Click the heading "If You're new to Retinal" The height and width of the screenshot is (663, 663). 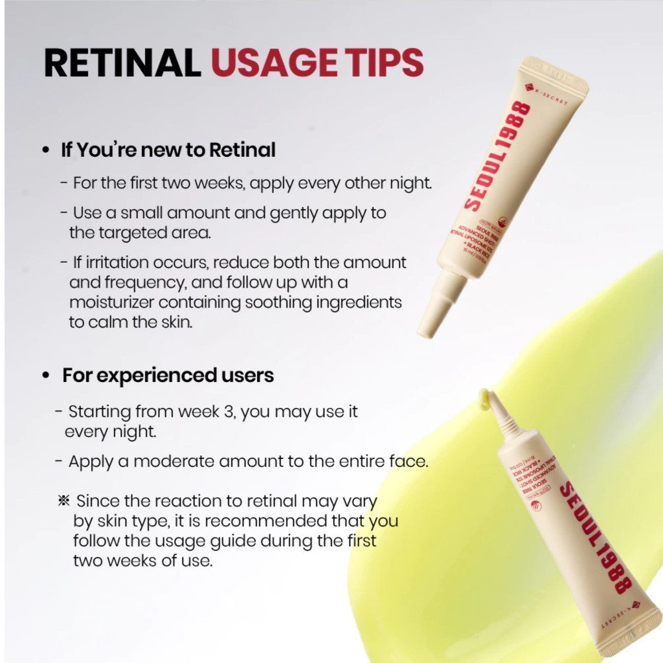(168, 150)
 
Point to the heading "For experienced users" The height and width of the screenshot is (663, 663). (168, 375)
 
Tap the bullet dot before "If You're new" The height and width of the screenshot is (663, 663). (45, 151)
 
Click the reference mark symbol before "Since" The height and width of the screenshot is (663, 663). (63, 500)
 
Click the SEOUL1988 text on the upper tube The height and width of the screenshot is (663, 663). (499, 156)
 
